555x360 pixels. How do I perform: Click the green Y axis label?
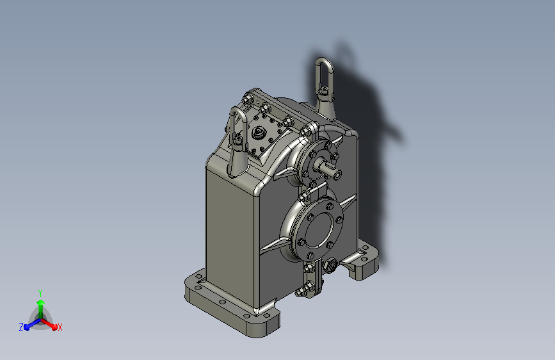click(x=40, y=292)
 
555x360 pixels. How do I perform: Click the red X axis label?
click(x=60, y=327)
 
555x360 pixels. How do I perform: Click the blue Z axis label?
click(x=21, y=327)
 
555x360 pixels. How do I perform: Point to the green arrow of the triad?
click(x=40, y=304)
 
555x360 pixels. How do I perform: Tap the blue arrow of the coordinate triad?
click(x=29, y=323)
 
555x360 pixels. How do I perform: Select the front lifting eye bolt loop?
click(x=237, y=122)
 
